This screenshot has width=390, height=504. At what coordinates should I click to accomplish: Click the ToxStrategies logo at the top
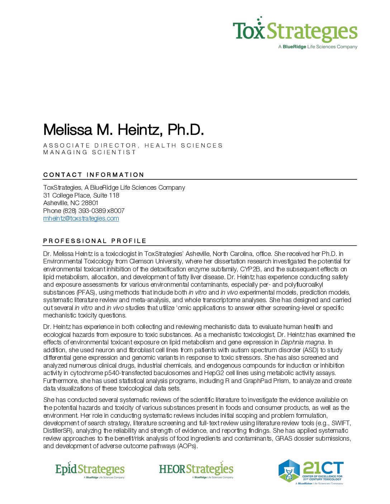(295, 31)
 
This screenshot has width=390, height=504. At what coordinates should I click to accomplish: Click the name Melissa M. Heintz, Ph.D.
(123, 130)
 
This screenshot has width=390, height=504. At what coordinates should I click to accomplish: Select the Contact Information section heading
(94, 175)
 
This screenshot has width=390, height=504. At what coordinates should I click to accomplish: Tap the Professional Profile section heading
(95, 241)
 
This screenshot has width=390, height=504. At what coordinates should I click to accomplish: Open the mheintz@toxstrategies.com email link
(81, 218)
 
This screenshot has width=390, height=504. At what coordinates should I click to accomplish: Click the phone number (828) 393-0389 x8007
(94, 211)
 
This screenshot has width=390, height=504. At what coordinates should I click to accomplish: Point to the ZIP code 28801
(90, 203)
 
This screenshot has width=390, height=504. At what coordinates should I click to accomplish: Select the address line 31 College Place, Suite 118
(81, 195)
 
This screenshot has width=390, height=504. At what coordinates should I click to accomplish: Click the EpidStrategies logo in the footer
(90, 470)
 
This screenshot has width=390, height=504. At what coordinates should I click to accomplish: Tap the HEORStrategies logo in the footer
(196, 470)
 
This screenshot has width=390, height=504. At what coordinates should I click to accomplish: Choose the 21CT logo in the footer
(311, 471)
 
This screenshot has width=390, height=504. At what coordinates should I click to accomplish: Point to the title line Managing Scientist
(90, 152)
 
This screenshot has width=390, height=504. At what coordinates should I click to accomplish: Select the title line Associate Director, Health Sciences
(133, 145)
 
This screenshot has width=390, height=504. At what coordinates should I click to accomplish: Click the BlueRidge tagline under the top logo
(318, 47)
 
